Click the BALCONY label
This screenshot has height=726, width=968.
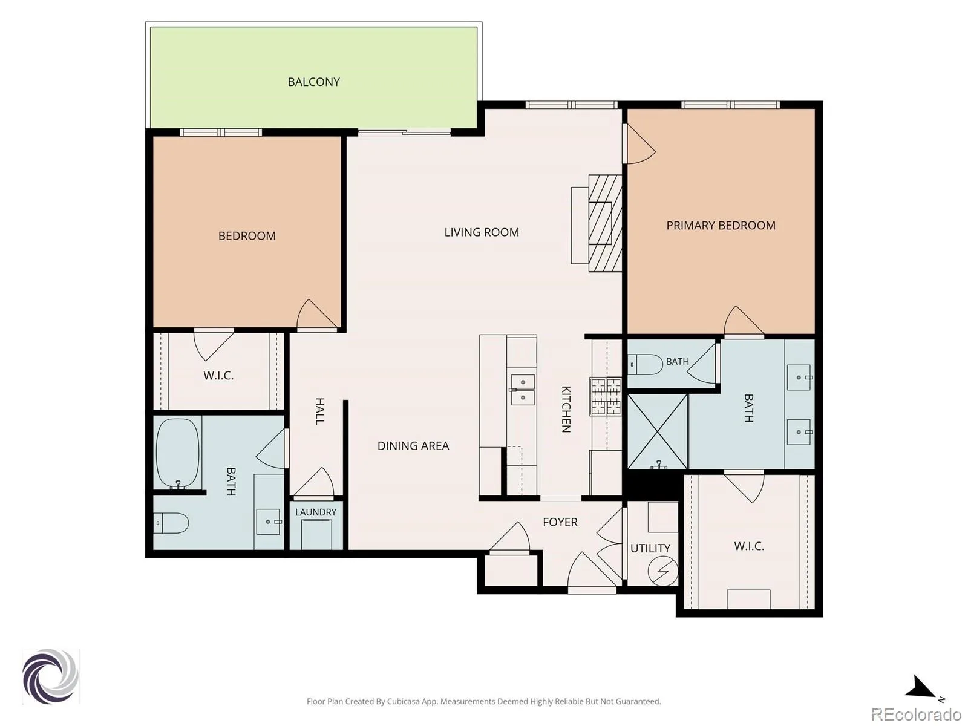coord(313,82)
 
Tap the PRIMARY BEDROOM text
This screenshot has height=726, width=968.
coord(721,226)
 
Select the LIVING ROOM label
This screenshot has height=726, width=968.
coord(482,232)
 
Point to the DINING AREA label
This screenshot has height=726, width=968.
coord(413,446)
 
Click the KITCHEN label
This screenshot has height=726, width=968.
coord(566,409)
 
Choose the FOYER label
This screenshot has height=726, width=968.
coord(560,522)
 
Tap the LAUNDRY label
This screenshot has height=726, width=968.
coord(316,512)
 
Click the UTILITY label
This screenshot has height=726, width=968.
coord(650,548)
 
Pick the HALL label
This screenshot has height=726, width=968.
coord(319,411)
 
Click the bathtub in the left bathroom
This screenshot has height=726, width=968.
coord(178,453)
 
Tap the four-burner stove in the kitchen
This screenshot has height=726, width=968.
coord(606,396)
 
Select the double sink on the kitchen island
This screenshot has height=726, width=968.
coord(523,390)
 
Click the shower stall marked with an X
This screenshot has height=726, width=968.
coord(657,431)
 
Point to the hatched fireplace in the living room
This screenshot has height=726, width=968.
coord(605,223)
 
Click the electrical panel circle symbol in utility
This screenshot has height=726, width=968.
coord(663,571)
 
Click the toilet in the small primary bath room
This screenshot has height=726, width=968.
coord(645,365)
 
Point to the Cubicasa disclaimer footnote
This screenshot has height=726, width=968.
coord(484,701)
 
